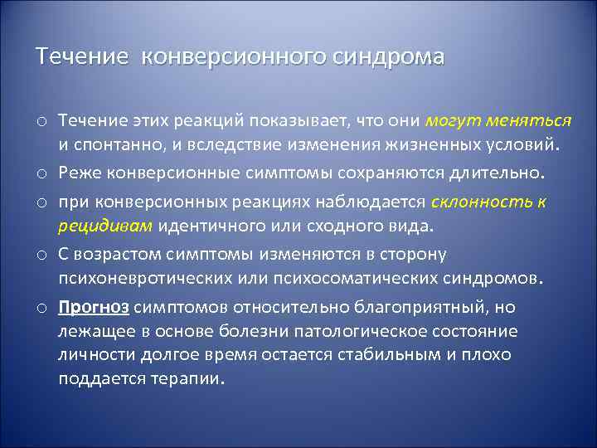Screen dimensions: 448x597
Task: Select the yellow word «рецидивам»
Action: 105,226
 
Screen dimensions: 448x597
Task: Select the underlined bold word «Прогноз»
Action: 94,307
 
